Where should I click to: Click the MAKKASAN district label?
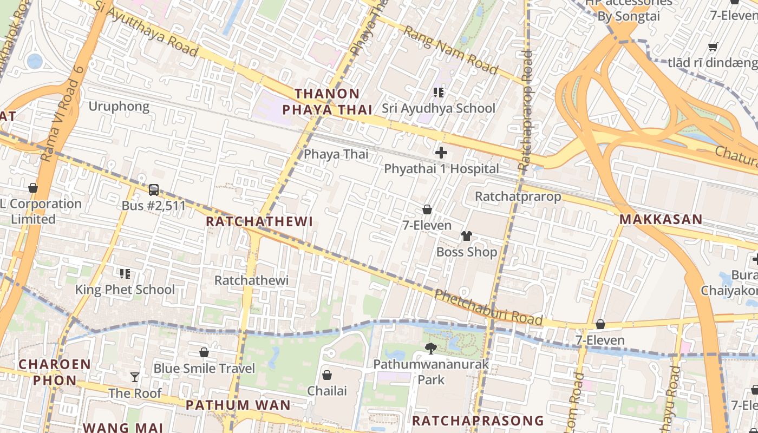(661, 220)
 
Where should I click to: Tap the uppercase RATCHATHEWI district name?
(260, 221)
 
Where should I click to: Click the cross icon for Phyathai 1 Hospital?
(441, 153)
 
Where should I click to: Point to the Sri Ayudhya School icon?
(439, 93)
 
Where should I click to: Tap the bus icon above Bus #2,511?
(154, 189)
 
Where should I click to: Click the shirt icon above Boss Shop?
(466, 236)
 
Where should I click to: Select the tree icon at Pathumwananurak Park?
(431, 348)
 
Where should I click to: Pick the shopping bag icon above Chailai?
(327, 375)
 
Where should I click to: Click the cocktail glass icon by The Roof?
(135, 377)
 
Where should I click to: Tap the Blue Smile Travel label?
(204, 369)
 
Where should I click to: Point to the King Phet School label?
(125, 290)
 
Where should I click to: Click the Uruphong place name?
(119, 106)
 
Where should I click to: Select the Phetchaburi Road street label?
(488, 307)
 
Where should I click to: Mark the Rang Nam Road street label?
(450, 50)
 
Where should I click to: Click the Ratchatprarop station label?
(518, 196)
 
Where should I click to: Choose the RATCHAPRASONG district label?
(478, 421)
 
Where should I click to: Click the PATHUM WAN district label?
(238, 405)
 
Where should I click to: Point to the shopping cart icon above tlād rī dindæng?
(713, 47)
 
